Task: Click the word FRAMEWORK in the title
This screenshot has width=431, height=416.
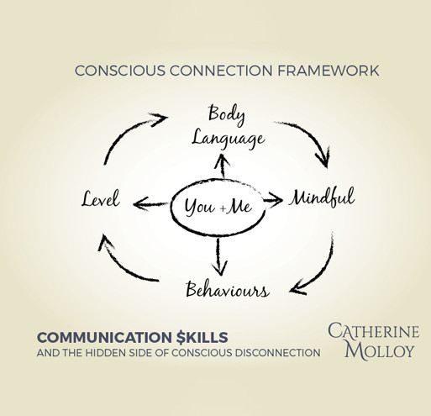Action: [329, 71]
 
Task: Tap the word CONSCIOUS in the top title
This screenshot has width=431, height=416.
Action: [120, 71]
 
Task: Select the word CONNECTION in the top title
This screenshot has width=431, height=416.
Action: [221, 71]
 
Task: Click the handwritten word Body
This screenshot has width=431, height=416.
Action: [227, 114]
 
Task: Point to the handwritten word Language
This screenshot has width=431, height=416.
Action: [229, 139]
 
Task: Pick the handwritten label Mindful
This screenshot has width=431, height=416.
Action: [322, 197]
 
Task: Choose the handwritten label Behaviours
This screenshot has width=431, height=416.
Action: [228, 289]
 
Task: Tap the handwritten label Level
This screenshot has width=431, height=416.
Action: [101, 198]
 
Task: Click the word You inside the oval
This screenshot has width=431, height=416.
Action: [200, 208]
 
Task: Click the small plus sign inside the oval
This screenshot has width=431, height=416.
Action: [223, 208]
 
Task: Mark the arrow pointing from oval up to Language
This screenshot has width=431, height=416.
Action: [223, 166]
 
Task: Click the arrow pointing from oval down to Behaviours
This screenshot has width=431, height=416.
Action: [219, 256]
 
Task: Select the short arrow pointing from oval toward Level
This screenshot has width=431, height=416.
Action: [150, 204]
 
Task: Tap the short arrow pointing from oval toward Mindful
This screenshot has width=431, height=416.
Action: [273, 200]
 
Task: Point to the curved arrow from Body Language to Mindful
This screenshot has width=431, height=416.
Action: [313, 134]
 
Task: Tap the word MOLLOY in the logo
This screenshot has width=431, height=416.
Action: [380, 350]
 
